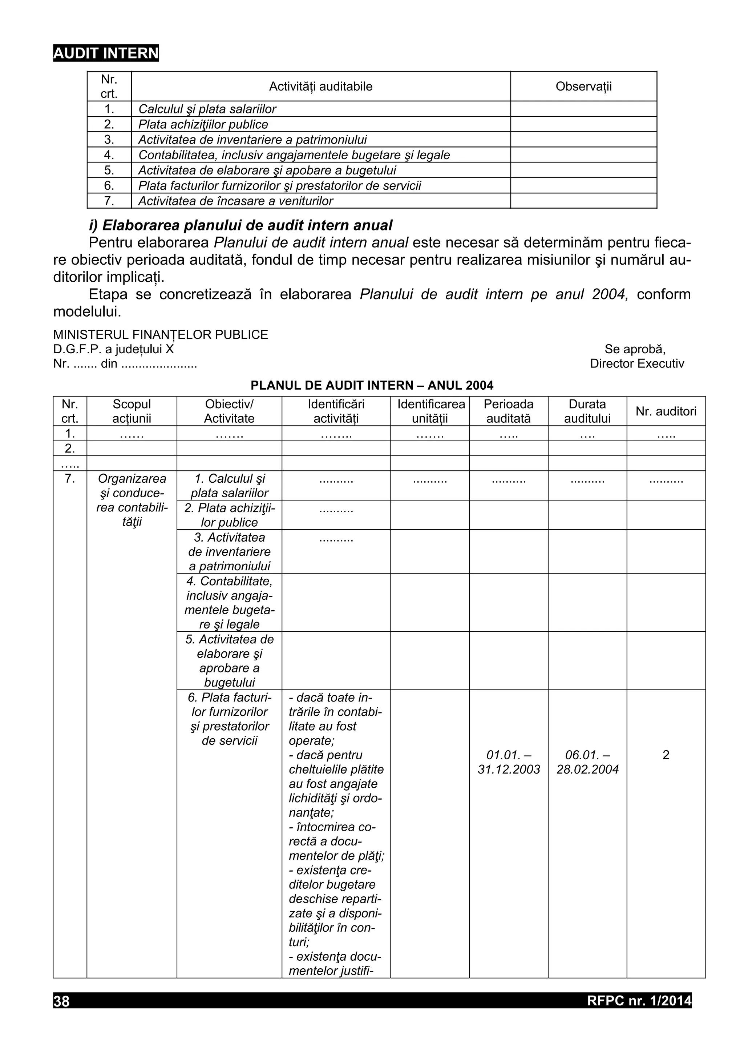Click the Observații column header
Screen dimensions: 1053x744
[x=583, y=86]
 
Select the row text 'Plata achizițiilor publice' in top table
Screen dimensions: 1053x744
[x=203, y=124]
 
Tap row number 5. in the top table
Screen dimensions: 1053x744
[x=109, y=170]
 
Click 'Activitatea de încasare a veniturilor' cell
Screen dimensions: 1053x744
[x=236, y=201]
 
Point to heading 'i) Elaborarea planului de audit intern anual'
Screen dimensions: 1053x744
[x=240, y=225]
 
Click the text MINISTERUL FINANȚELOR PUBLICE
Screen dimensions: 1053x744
[x=161, y=334]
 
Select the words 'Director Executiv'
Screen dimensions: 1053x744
[x=637, y=364]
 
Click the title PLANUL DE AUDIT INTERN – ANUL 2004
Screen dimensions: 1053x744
[x=372, y=385]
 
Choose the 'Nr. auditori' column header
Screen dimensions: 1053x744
[x=666, y=411]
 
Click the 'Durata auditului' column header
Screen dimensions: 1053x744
[x=587, y=411]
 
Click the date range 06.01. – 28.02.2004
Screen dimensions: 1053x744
[x=587, y=762]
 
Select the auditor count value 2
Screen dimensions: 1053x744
[x=666, y=755]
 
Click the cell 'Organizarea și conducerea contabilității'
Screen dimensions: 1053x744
[x=132, y=500]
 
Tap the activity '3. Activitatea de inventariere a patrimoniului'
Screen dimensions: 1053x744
[x=229, y=551]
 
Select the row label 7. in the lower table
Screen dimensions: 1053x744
[x=70, y=478]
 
